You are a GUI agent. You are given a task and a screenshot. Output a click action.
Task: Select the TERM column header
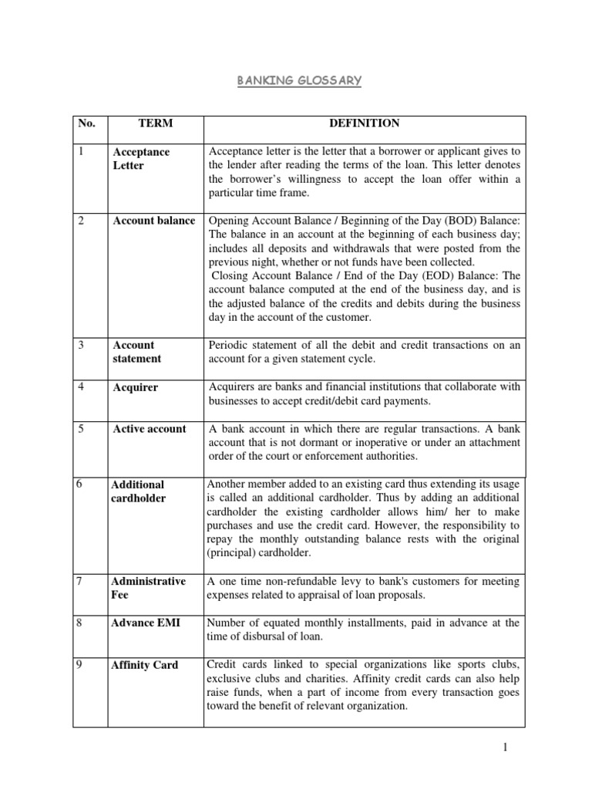click(x=155, y=123)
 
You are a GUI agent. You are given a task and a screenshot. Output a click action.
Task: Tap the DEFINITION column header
click(x=365, y=123)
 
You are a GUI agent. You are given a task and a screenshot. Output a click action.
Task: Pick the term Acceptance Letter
click(x=141, y=159)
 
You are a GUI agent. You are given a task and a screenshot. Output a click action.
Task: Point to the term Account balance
click(x=153, y=221)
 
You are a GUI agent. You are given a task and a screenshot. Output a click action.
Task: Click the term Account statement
click(x=137, y=352)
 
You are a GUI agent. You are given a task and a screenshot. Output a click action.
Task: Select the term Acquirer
click(x=135, y=387)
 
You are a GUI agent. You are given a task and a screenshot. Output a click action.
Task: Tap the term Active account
click(x=150, y=429)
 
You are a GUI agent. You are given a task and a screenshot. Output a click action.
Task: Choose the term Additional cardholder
click(x=139, y=491)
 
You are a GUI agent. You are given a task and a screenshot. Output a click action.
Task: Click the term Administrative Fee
click(x=149, y=588)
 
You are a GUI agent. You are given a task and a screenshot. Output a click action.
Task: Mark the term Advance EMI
click(x=146, y=623)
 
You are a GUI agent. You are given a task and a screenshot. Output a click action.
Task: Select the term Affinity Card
click(x=145, y=665)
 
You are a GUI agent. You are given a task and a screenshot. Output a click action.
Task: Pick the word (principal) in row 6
click(x=234, y=553)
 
